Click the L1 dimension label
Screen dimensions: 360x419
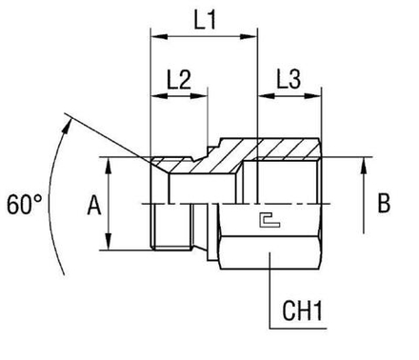(203, 19)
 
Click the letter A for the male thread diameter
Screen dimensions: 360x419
(92, 203)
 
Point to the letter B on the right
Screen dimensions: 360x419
(383, 203)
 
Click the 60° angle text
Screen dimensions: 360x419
(23, 204)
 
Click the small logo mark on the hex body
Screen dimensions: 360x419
(269, 222)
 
